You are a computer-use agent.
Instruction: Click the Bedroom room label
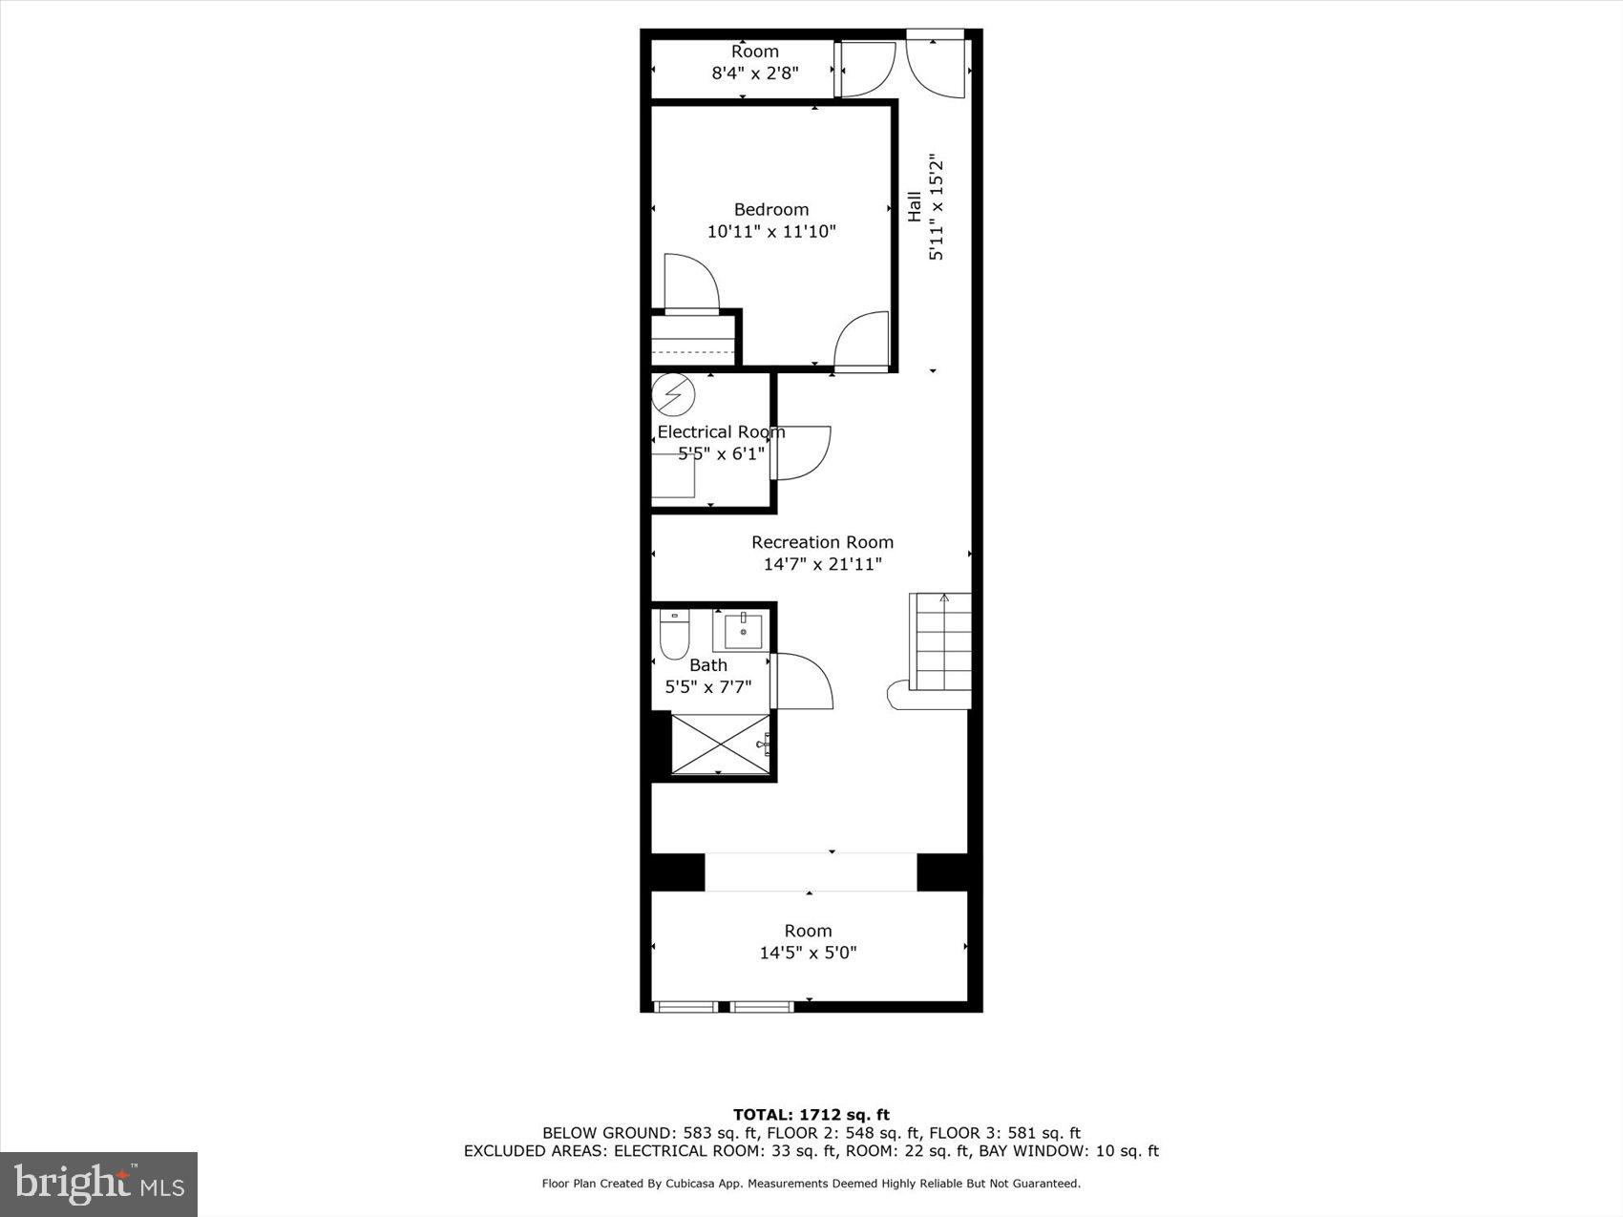coord(770,210)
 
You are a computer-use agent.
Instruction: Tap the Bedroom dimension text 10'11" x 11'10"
coord(770,231)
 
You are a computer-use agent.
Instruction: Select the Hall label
coord(915,207)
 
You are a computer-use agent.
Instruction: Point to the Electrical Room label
coord(721,432)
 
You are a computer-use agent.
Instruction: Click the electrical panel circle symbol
coord(673,393)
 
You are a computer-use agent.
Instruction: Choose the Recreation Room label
coord(822,542)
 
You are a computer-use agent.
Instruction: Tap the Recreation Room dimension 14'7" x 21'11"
coord(822,564)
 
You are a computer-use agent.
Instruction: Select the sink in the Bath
coord(743,631)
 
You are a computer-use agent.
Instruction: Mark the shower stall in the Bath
coord(721,744)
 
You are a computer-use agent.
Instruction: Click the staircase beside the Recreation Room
coord(940,641)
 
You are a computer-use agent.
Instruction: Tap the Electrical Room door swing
coord(802,451)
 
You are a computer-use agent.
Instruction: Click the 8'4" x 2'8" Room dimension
coord(754,73)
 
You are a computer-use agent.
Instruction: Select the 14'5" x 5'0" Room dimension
coord(808,953)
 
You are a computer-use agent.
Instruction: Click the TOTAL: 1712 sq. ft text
coord(811,1114)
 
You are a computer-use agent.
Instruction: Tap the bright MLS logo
coord(98,1185)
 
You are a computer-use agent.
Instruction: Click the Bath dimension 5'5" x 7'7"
coord(707,686)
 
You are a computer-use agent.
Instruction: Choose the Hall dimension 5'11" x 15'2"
coord(937,207)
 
